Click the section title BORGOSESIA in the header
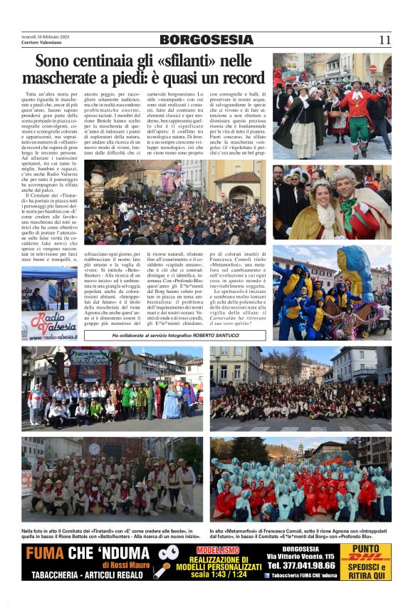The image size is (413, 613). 206,40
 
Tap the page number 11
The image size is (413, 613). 385,40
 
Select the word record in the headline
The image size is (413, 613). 240,78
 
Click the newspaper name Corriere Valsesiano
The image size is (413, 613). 44,42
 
